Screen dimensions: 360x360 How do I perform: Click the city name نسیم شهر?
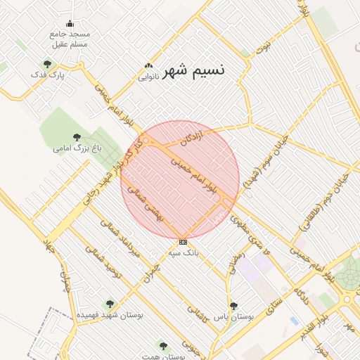coord(194,71)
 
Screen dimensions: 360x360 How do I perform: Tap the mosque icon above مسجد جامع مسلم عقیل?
coord(70,24)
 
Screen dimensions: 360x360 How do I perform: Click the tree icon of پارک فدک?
coord(47,64)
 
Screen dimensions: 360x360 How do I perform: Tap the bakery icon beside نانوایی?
coord(149,66)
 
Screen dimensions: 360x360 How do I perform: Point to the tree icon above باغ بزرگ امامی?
coord(77,137)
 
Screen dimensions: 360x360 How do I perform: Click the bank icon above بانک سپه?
coord(184,242)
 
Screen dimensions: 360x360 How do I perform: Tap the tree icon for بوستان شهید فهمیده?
coord(109,304)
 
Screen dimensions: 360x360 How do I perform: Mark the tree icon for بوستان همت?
coord(164,346)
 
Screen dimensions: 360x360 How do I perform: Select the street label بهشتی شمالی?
coord(153,205)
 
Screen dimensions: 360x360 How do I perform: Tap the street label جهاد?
coord(49,246)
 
